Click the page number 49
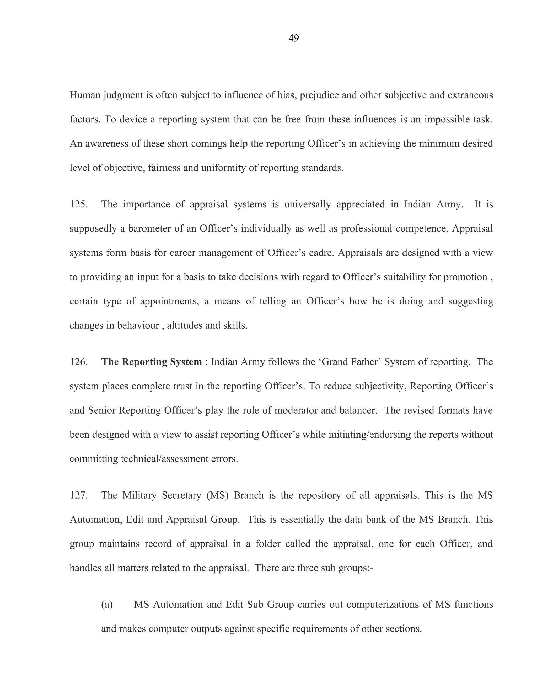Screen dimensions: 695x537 (x=293, y=38)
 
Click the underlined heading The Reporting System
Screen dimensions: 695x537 (x=152, y=362)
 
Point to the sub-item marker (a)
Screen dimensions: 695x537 (x=107, y=604)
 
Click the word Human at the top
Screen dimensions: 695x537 (x=85, y=95)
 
